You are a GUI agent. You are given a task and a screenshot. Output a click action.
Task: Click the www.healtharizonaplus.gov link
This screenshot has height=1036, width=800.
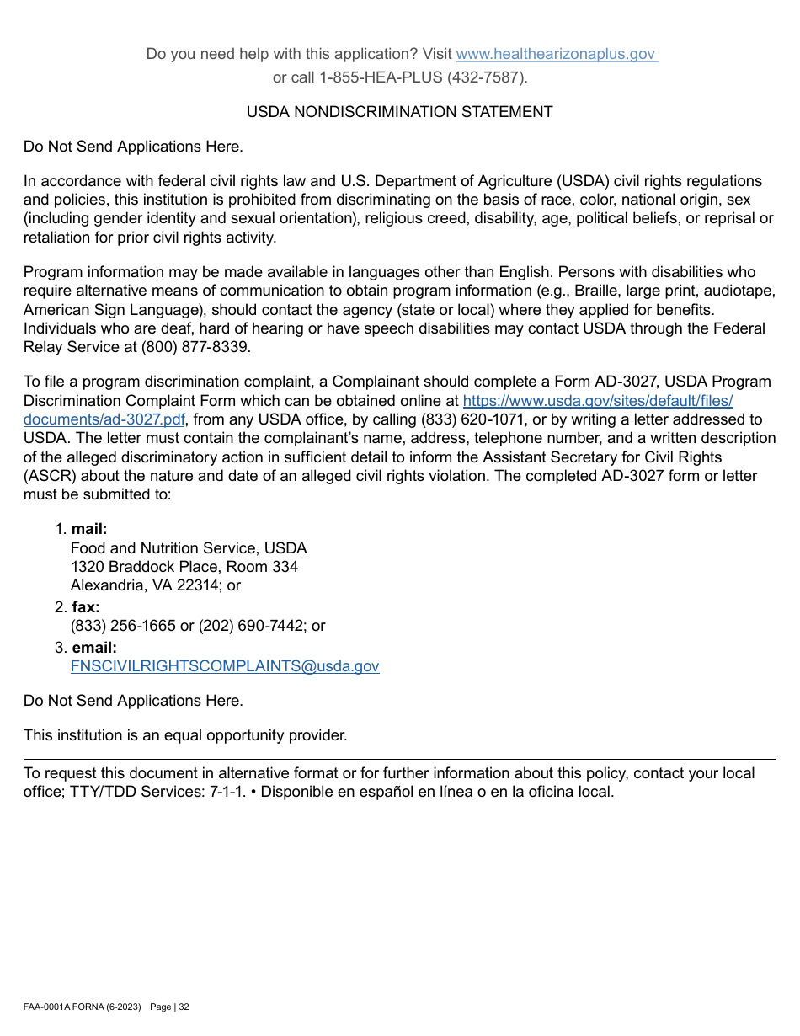pos(556,54)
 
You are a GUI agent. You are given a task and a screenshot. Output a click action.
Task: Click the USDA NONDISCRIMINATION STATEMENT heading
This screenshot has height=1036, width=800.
pos(399,112)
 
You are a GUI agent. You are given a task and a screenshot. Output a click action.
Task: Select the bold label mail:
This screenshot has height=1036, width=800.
pos(89,529)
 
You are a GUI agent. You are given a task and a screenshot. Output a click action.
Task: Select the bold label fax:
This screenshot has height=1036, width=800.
pos(85,607)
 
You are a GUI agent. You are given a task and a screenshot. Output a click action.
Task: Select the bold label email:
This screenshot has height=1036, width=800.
pos(94,648)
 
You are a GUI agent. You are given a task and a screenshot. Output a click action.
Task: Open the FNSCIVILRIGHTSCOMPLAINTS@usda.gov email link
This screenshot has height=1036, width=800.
pos(225,666)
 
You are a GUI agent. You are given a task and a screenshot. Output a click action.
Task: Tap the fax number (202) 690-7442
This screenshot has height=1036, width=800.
pos(251,626)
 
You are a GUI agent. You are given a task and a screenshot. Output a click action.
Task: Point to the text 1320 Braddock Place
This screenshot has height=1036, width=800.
pos(136,567)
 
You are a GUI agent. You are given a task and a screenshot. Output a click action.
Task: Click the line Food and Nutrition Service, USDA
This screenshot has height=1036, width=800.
pos(189,548)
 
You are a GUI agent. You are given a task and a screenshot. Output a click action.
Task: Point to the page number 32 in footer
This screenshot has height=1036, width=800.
pos(184,1007)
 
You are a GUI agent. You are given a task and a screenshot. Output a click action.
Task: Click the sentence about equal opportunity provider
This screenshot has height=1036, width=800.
pos(185,735)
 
